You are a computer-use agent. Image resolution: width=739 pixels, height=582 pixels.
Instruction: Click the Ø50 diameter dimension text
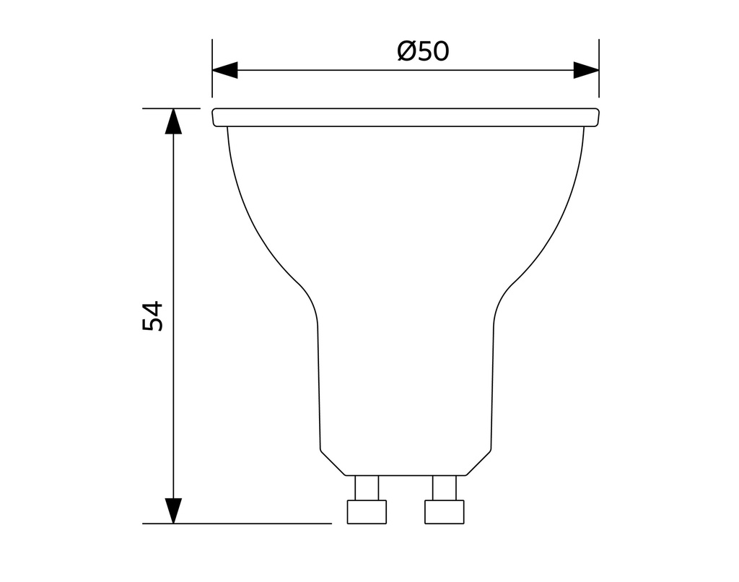click(423, 52)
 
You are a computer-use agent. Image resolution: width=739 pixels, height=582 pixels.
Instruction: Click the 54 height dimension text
click(153, 316)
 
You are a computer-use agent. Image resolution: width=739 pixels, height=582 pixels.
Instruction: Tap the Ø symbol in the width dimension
click(406, 52)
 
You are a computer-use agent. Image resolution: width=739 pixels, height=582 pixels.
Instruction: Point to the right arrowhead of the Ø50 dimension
click(586, 70)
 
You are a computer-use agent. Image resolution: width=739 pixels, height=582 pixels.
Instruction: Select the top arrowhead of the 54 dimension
click(173, 121)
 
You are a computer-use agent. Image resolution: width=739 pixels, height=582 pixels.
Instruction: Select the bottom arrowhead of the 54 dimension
click(173, 511)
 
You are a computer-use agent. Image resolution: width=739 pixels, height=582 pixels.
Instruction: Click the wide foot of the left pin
click(367, 512)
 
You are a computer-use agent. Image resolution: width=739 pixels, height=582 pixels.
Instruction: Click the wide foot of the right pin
click(445, 512)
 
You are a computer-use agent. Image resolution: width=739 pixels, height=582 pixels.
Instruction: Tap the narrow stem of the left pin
click(367, 488)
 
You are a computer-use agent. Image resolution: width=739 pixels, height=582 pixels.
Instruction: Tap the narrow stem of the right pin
click(445, 488)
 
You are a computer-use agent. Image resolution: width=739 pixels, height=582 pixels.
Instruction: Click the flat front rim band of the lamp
click(406, 118)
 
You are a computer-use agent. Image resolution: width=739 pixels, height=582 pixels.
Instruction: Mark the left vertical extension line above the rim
click(212, 69)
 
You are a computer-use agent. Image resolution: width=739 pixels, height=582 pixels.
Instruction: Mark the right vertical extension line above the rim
click(599, 69)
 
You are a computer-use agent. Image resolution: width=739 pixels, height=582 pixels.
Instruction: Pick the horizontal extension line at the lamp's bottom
click(238, 524)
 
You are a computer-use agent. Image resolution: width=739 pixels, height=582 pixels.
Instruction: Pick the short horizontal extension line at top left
click(171, 108)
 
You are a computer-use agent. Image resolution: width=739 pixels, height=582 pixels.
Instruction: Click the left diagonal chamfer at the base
click(333, 463)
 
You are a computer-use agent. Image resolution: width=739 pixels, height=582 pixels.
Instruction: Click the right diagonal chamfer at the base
click(478, 463)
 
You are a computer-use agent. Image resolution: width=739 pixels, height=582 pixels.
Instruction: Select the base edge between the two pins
click(406, 476)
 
